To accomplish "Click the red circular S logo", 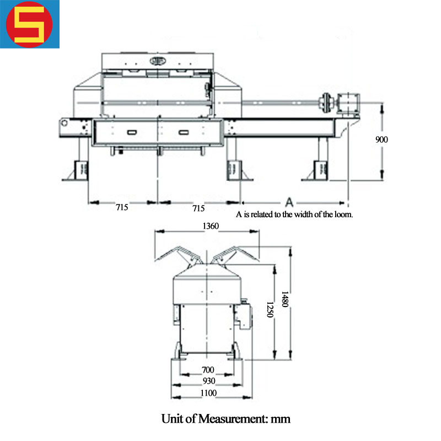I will click(x=30, y=24).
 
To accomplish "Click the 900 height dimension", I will click(x=381, y=139).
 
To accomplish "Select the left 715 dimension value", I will click(x=122, y=208).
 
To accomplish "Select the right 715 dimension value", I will click(x=198, y=208).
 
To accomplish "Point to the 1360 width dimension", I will click(x=211, y=226).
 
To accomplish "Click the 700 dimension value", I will click(x=208, y=370).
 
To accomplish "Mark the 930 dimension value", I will click(x=208, y=381).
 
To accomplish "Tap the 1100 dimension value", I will click(x=208, y=392).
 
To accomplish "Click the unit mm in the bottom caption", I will click(x=280, y=419).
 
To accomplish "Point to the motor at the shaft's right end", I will click(x=348, y=101).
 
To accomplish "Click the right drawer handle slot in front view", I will click(x=184, y=132).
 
